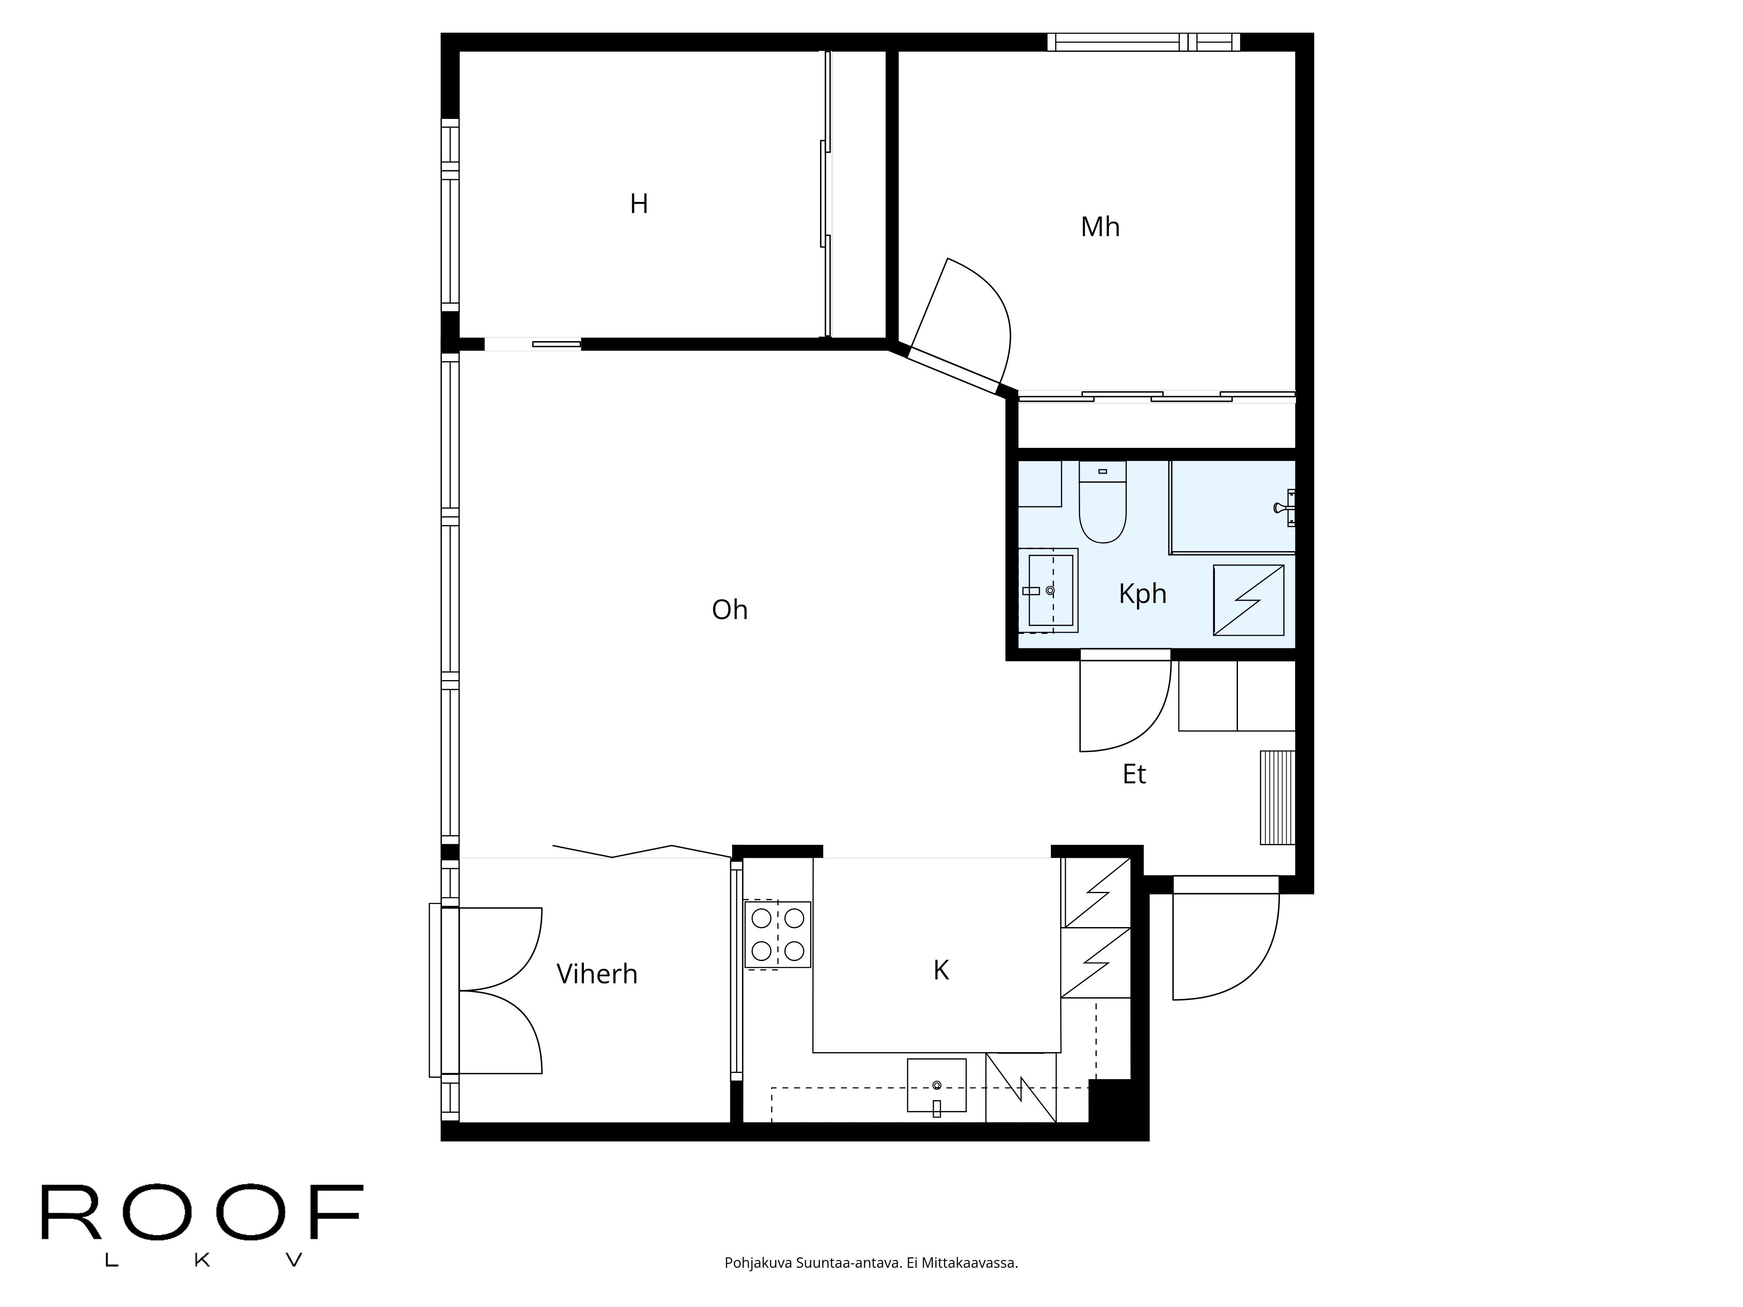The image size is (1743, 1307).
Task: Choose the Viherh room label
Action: coord(597,975)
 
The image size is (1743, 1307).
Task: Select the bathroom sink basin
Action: coord(1050,591)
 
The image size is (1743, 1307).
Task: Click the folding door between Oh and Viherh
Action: coord(642,851)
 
